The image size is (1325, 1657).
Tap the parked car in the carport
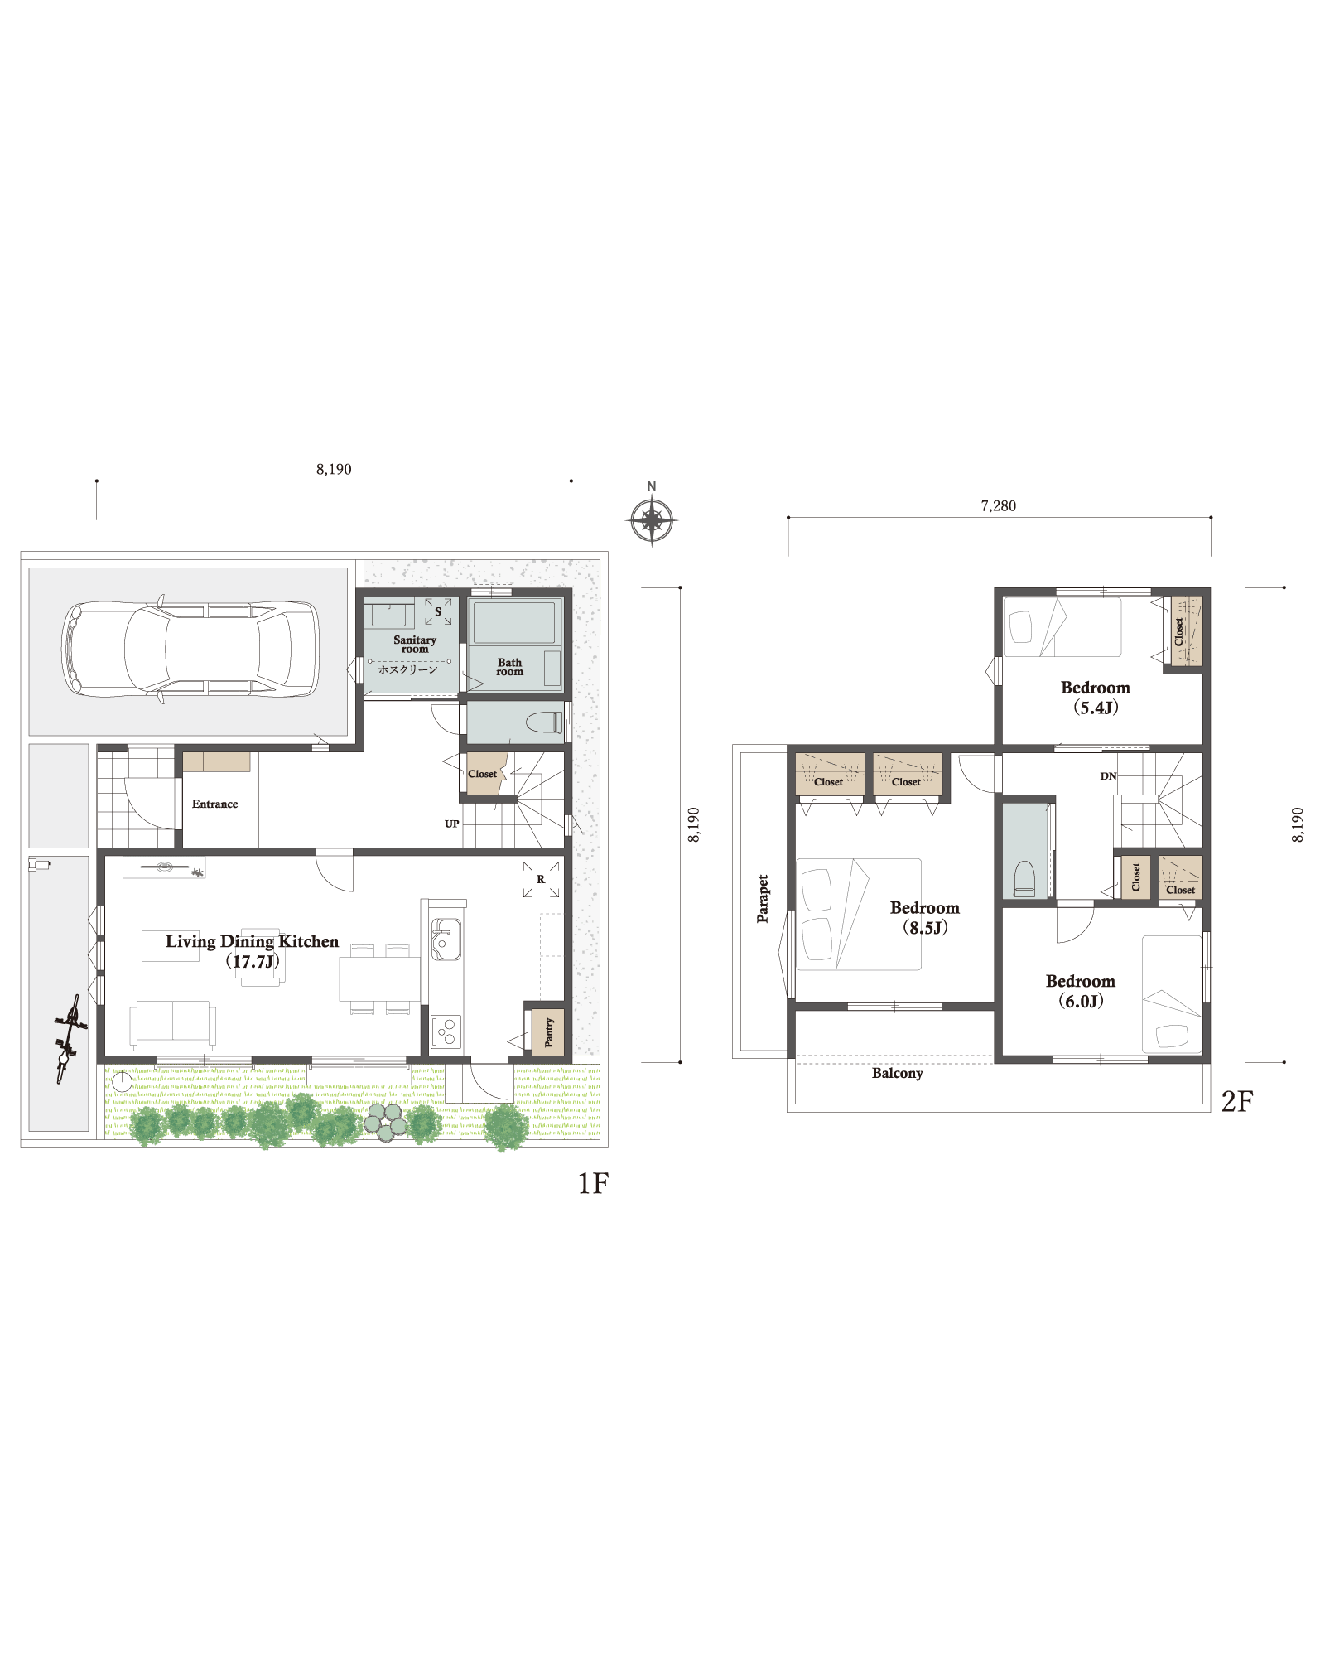pyautogui.click(x=190, y=649)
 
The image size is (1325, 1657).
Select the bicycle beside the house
pyautogui.click(x=69, y=1038)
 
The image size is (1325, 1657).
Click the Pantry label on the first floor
pyautogui.click(x=549, y=1032)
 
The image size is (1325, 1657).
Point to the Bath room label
pyautogui.click(x=510, y=667)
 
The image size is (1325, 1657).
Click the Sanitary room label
pyautogui.click(x=415, y=644)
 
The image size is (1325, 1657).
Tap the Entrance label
pyautogui.click(x=214, y=804)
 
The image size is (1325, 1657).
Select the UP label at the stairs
pyautogui.click(x=451, y=824)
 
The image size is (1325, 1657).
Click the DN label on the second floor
pyautogui.click(x=1108, y=776)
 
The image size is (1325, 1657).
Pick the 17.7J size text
pyautogui.click(x=253, y=962)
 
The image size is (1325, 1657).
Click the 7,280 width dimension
pyautogui.click(x=999, y=505)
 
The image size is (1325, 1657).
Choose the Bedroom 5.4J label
pyautogui.click(x=1096, y=698)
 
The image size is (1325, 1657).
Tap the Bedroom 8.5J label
pyautogui.click(x=925, y=918)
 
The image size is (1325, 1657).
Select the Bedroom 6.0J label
pyautogui.click(x=1081, y=991)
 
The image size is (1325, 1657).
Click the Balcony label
pyautogui.click(x=898, y=1073)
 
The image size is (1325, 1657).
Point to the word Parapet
pyautogui.click(x=763, y=898)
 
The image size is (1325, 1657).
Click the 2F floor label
pyautogui.click(x=1237, y=1101)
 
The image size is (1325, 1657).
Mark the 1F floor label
pyautogui.click(x=593, y=1183)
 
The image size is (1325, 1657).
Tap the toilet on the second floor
pyautogui.click(x=1024, y=879)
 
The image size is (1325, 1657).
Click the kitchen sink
pyautogui.click(x=446, y=940)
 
